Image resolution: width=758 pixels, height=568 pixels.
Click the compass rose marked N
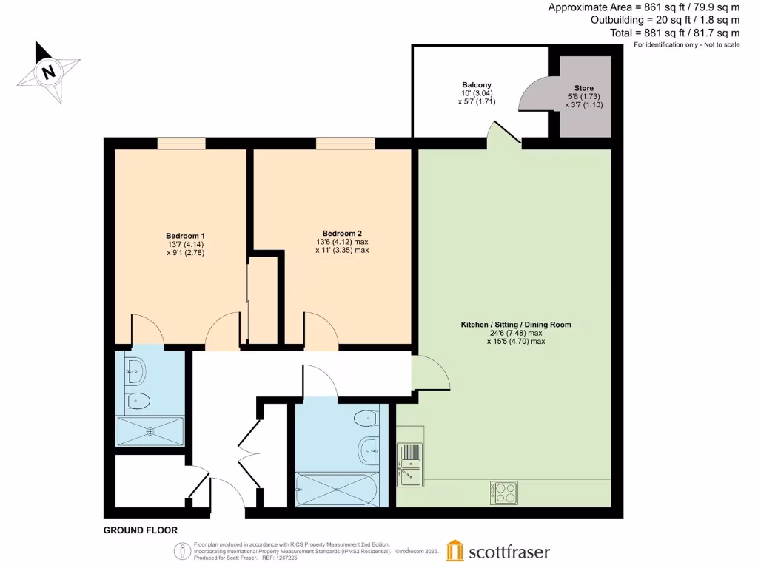pos(49,72)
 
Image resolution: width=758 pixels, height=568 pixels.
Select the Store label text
pos(584,88)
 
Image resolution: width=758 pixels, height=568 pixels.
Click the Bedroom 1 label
pos(186,236)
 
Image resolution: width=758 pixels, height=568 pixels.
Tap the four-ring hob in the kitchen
pos(504,493)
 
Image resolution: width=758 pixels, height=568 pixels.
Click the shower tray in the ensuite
pos(150,430)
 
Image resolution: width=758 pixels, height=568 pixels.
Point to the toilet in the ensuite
pos(138,401)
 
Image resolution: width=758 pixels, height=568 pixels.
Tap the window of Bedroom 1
pos(181,143)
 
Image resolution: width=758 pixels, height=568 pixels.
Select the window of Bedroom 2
pos(345,143)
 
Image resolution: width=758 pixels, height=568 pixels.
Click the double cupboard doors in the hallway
pos(250,451)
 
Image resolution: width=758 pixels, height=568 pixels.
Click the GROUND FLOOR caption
pos(140,530)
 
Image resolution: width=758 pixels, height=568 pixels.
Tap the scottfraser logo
pos(498,552)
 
